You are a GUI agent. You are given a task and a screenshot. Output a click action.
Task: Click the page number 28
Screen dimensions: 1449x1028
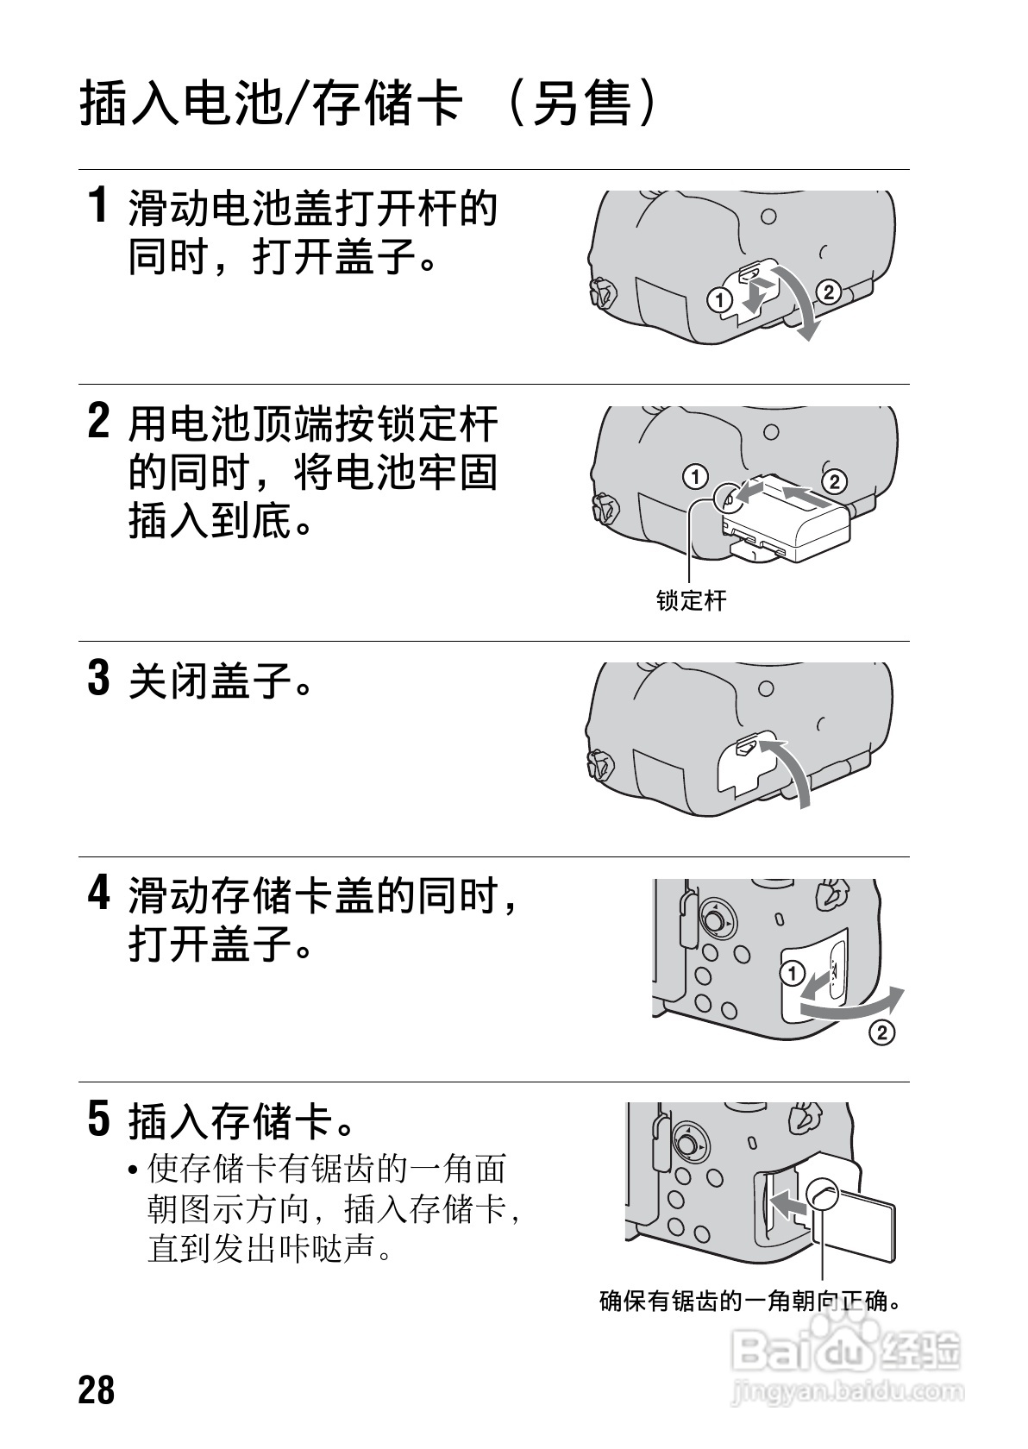(x=96, y=1389)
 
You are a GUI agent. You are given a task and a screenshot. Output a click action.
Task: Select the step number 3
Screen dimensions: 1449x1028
(x=100, y=678)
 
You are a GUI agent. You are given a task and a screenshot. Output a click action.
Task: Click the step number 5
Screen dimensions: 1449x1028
(x=100, y=1119)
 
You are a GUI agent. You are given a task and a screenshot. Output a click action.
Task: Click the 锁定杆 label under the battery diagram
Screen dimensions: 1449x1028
(x=691, y=600)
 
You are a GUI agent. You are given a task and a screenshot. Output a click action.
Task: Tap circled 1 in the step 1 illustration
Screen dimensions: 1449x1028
(x=718, y=300)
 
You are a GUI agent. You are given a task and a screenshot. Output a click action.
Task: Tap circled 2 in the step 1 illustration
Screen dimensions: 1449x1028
(x=827, y=292)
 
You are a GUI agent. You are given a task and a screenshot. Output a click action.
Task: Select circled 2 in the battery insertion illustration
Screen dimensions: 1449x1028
(x=834, y=480)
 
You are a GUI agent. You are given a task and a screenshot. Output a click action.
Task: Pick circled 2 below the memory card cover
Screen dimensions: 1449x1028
(x=882, y=1032)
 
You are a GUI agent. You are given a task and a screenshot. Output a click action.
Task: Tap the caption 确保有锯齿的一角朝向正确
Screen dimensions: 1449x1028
(x=750, y=1300)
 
